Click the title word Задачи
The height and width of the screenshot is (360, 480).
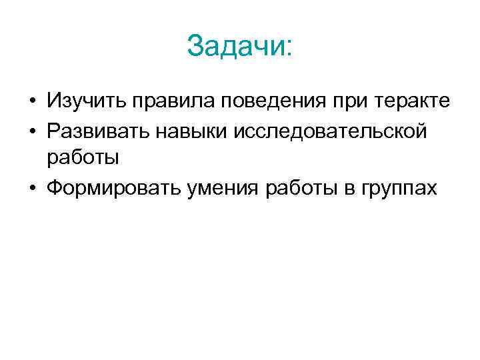(235, 47)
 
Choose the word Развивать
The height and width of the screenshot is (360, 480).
(99, 131)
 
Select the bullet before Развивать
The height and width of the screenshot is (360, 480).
(31, 131)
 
